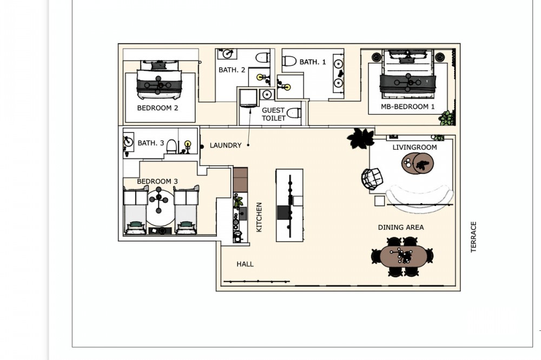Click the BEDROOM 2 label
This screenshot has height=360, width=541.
point(157,108)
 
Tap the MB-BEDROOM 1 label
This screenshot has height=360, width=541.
point(408,106)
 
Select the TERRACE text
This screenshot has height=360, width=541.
point(473,237)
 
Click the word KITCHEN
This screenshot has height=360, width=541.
point(259,217)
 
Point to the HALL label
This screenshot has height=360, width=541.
point(245,264)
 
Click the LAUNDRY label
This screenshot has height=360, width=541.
point(226,145)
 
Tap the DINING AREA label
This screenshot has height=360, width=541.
point(401,227)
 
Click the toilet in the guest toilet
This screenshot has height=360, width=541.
point(294,113)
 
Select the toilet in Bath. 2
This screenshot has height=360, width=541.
point(262,58)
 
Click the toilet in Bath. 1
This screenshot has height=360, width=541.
point(289,62)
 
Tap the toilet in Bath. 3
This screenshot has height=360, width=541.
point(171,146)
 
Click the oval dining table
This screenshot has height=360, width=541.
point(403,256)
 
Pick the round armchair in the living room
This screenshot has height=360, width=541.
point(372,178)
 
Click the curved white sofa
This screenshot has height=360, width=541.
point(420,198)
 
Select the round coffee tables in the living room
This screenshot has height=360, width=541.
point(418,164)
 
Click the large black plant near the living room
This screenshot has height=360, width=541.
point(361,138)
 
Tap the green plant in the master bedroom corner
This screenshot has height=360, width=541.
point(446,118)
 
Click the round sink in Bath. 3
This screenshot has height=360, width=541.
point(128,142)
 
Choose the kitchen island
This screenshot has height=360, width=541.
point(289,205)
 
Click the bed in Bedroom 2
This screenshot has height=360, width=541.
point(159,79)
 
